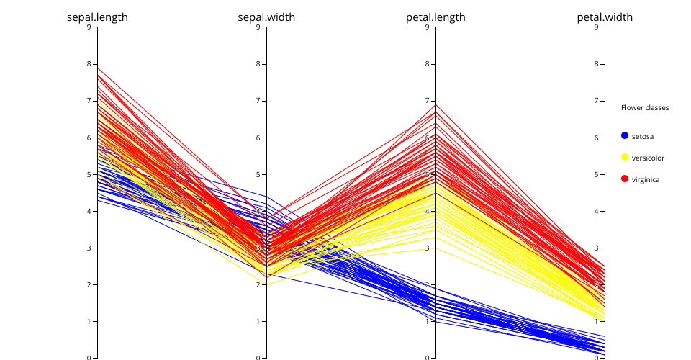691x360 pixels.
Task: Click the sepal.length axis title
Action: [x=97, y=17]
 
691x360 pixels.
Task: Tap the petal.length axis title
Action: [x=435, y=17]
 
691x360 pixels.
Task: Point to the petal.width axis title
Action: [x=605, y=17]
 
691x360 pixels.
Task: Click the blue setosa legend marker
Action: [x=625, y=135]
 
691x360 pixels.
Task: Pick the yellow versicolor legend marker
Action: [x=625, y=157]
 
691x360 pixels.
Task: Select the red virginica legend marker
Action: [x=625, y=179]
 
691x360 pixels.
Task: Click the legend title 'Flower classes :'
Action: [x=646, y=107]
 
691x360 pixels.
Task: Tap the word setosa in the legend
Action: [x=643, y=136]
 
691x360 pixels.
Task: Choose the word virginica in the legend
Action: [x=646, y=179]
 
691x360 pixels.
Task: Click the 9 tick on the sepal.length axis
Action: [x=89, y=27]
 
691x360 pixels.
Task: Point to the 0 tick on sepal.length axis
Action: [x=89, y=358]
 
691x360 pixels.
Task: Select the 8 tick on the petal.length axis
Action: [x=428, y=64]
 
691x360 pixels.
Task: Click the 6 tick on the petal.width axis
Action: [x=597, y=138]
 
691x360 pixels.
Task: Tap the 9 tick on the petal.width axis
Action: [x=597, y=27]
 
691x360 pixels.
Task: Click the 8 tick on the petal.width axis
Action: [x=597, y=64]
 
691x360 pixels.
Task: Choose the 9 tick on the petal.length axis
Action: [x=428, y=27]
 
